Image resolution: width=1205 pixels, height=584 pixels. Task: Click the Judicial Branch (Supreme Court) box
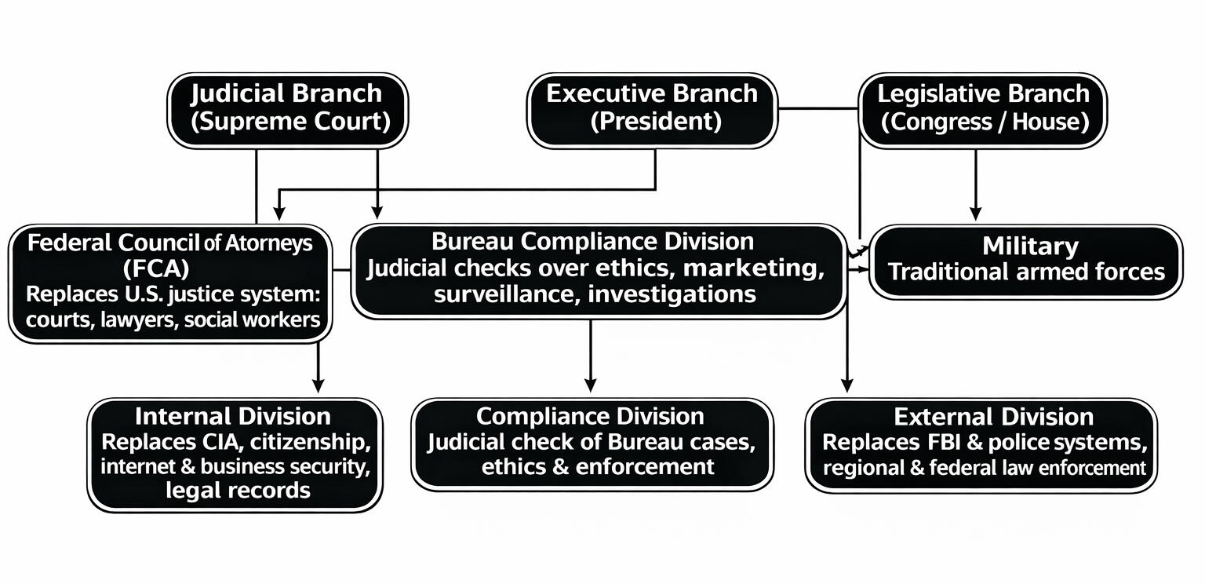coord(287,109)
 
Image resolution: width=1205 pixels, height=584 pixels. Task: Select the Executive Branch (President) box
coord(652,109)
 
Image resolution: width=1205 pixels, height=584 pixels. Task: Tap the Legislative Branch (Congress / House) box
coord(983,109)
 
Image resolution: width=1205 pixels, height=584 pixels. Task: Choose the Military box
coord(1025,261)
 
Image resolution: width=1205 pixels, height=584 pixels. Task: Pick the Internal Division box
coord(235,454)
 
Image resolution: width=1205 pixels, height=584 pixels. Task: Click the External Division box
coord(981,444)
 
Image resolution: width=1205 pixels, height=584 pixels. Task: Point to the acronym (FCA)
coord(157,268)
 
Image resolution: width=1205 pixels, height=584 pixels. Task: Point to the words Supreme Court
coord(287,122)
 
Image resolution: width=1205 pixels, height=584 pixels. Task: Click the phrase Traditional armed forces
coord(1026,272)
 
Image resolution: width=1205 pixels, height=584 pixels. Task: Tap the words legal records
coord(238,491)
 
